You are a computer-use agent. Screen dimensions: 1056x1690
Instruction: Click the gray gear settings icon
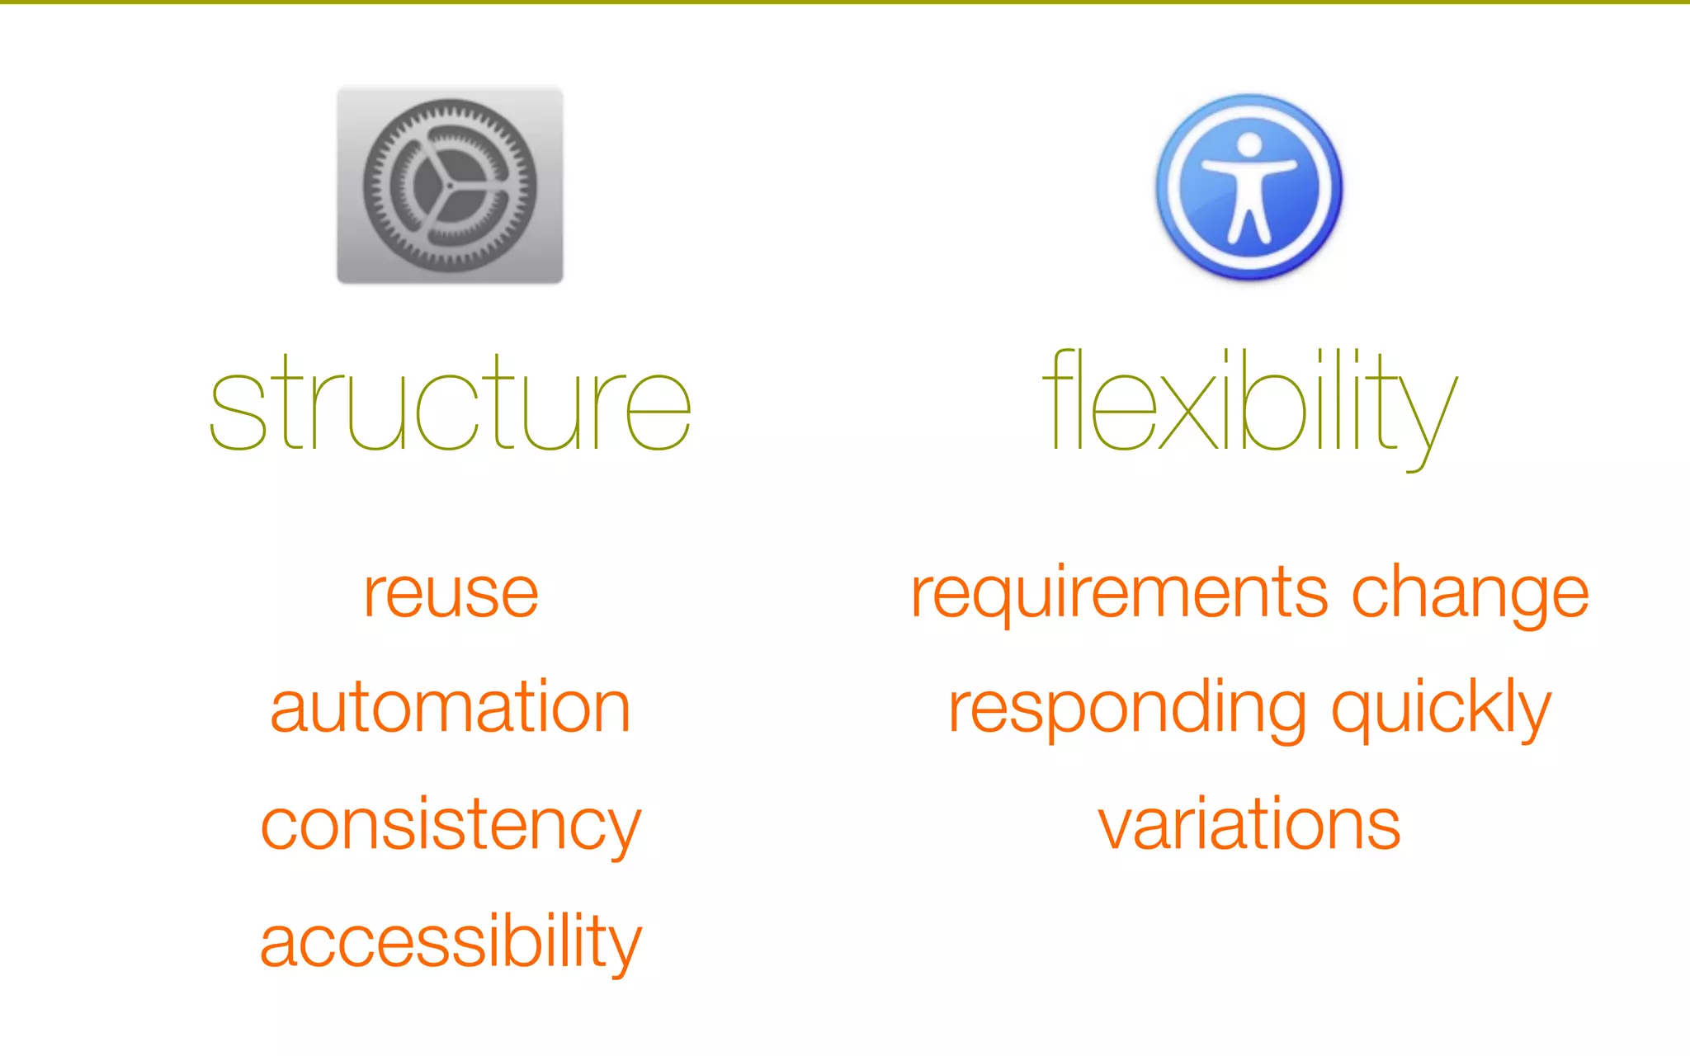pyautogui.click(x=450, y=186)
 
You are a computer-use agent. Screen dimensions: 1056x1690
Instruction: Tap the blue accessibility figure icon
pyautogui.click(x=1249, y=187)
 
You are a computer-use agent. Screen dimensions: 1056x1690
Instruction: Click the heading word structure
pyautogui.click(x=450, y=404)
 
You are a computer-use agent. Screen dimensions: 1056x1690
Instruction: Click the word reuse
pyautogui.click(x=451, y=594)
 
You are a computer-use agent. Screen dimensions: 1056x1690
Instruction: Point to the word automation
pyautogui.click(x=451, y=708)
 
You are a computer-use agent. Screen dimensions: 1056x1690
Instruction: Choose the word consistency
pyautogui.click(x=451, y=825)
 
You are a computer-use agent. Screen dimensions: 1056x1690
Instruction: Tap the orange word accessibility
pyautogui.click(x=451, y=942)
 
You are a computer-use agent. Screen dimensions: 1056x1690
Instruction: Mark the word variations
pyautogui.click(x=1249, y=825)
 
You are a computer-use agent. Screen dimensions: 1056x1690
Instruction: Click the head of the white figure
pyautogui.click(x=1249, y=144)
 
